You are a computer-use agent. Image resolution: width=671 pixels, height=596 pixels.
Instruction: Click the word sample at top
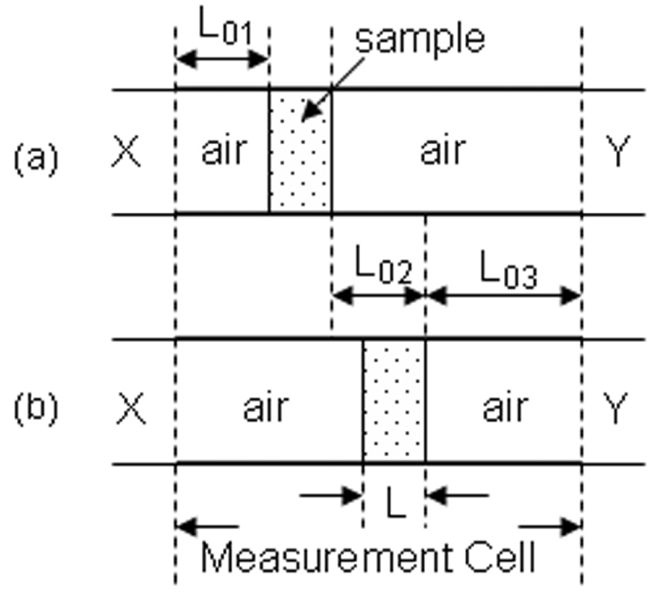click(420, 37)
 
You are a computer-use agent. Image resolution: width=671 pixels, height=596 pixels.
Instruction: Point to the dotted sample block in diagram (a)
click(300, 152)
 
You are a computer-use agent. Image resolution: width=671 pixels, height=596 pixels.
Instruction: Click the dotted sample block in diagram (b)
click(394, 402)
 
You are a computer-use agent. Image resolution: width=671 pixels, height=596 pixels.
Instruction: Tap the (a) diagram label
click(36, 157)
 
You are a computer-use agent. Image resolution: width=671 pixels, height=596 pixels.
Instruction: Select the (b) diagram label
click(36, 408)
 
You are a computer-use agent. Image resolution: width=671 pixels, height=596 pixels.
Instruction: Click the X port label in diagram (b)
click(130, 408)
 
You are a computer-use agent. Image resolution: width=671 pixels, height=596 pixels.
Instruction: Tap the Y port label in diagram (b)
click(616, 408)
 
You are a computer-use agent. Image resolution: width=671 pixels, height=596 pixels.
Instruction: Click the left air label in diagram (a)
click(223, 151)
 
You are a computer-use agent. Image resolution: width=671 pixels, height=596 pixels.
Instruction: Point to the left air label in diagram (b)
click(265, 408)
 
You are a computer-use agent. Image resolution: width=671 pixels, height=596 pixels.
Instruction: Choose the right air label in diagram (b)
click(504, 408)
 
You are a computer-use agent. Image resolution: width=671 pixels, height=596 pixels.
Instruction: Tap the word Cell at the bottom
click(498, 557)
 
